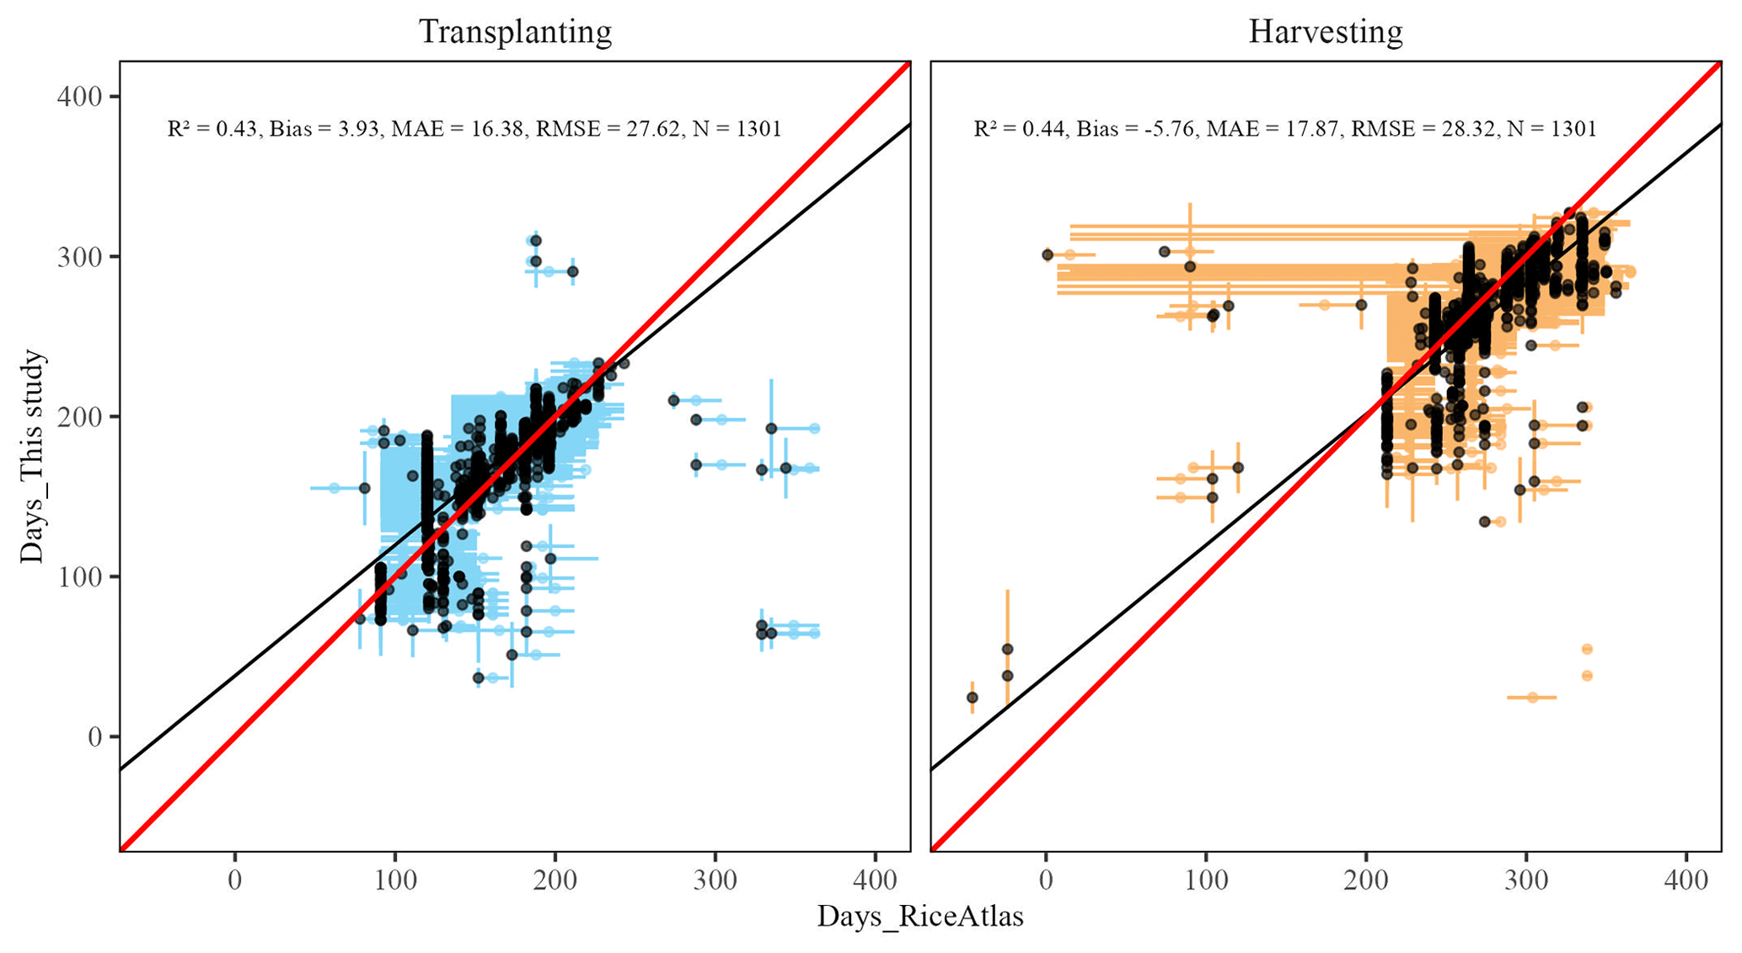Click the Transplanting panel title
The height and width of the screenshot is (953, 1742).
515,32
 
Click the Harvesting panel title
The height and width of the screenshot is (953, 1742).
1325,32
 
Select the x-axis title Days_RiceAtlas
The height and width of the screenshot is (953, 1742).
919,917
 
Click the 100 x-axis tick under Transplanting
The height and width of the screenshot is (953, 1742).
394,881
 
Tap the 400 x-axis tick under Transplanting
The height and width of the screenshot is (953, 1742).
875,881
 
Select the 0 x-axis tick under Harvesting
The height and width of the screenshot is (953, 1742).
1046,881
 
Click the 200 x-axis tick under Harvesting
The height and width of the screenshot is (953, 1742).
1365,881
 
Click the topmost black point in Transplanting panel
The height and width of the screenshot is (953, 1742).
536,241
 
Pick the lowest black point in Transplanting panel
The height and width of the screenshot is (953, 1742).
479,677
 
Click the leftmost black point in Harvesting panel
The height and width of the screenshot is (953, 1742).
972,698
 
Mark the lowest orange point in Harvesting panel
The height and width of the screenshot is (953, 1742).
1532,698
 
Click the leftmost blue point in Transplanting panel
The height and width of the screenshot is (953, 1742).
334,488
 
